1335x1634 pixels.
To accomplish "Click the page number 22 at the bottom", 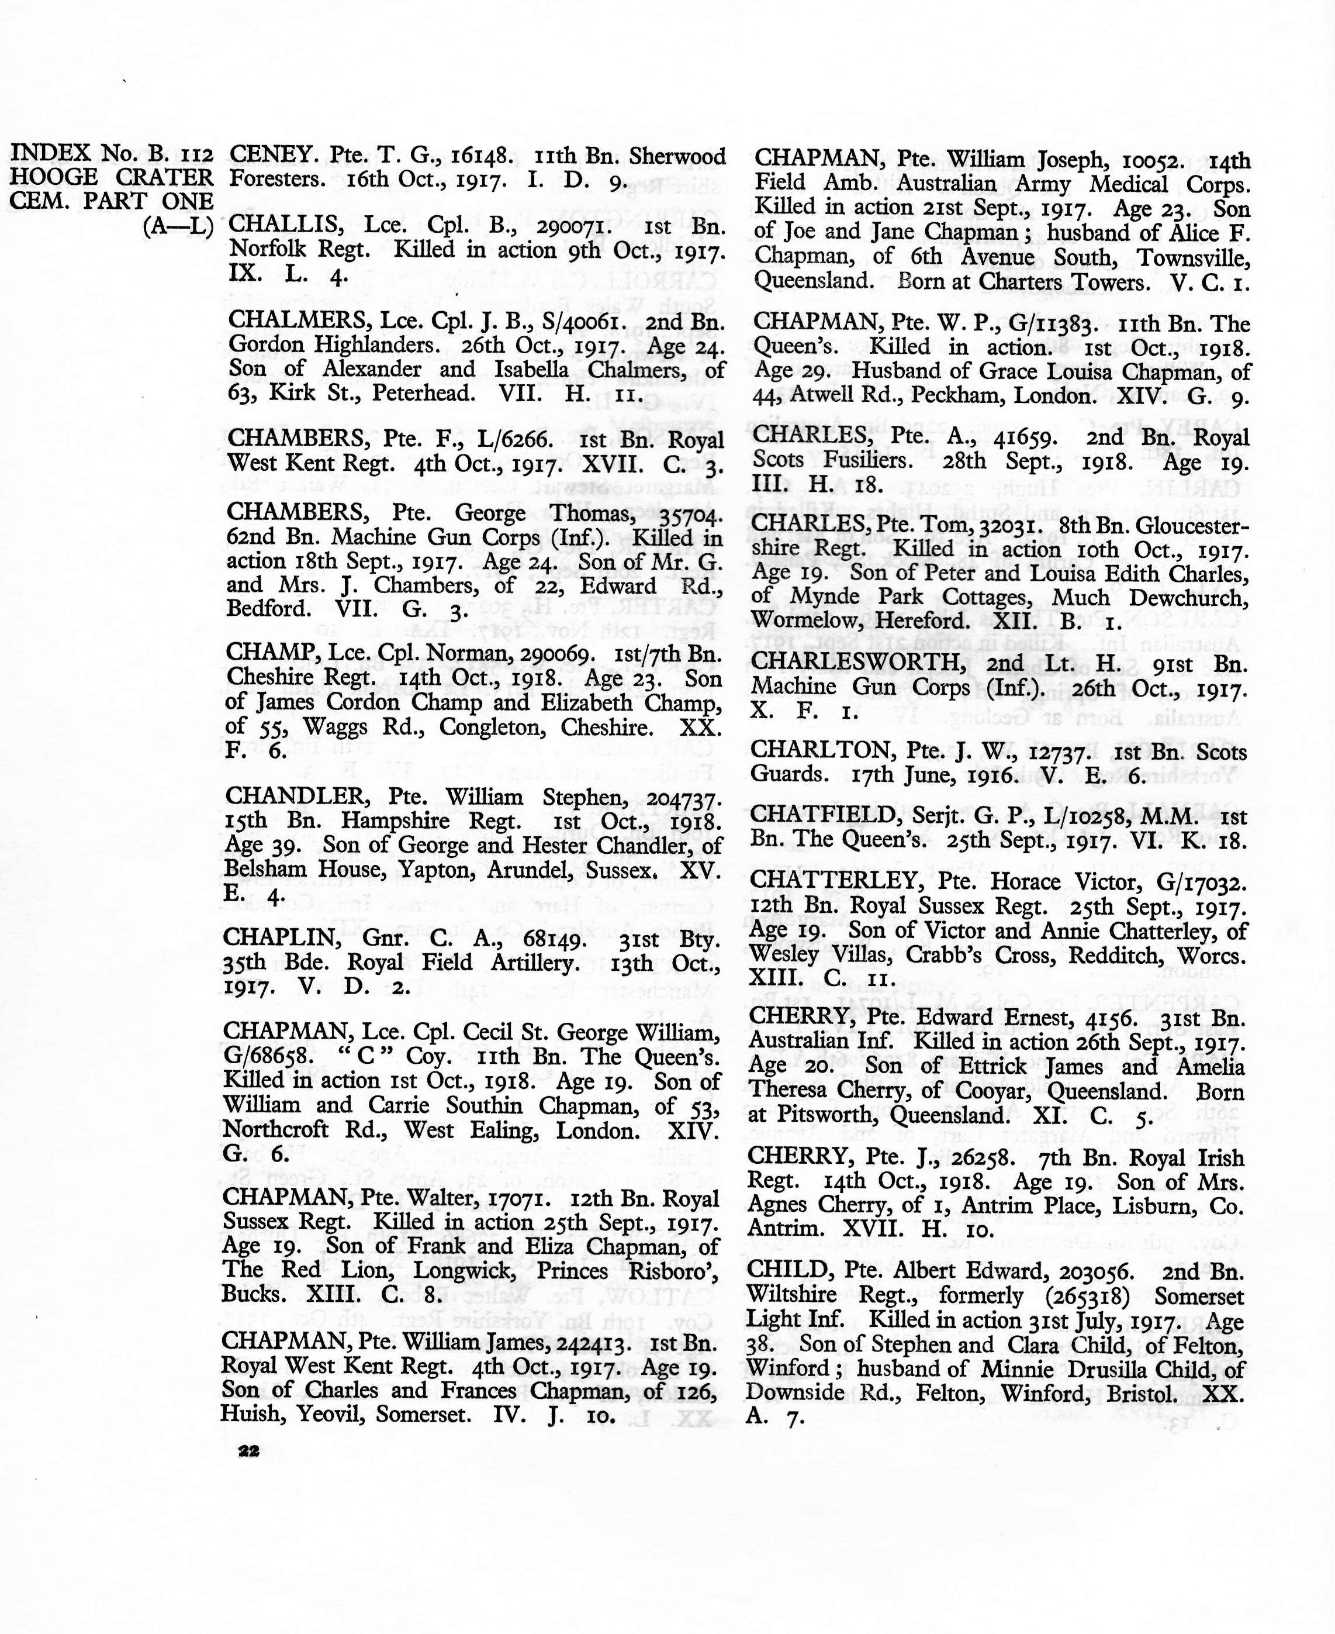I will pyautogui.click(x=248, y=1451).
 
